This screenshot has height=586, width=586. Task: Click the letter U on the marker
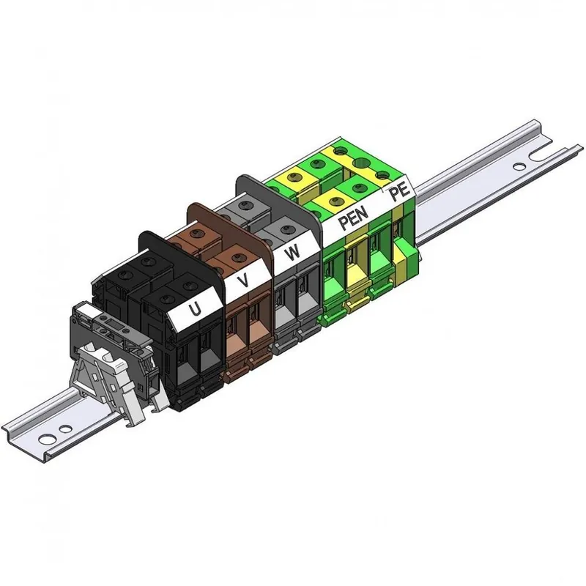(194, 309)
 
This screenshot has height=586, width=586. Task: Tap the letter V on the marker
(244, 280)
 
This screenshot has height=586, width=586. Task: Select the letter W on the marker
(292, 253)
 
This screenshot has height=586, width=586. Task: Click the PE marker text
(398, 193)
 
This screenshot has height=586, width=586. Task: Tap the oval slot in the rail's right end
(519, 166)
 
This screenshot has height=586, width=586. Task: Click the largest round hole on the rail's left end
(46, 439)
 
